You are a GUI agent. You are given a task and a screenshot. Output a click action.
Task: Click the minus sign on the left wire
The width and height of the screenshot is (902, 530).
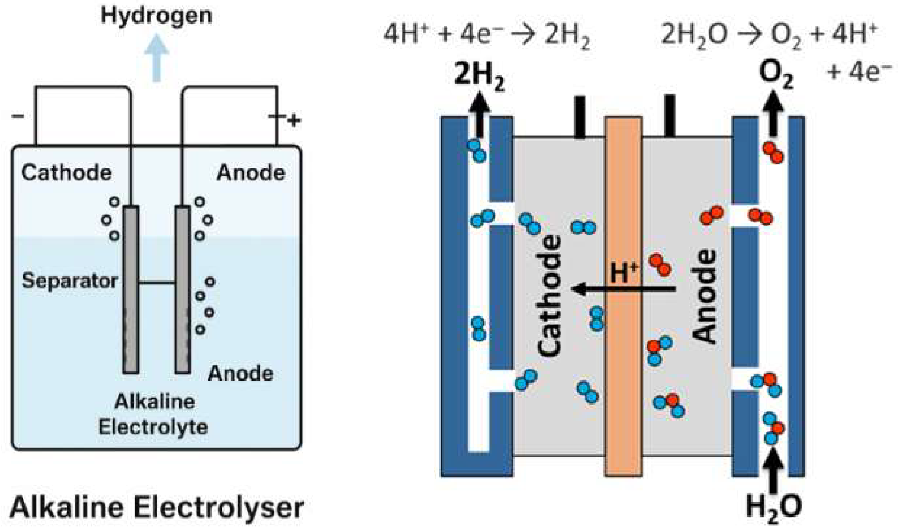click(x=18, y=116)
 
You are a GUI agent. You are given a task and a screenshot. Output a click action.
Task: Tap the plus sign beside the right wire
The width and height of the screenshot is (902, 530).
click(x=294, y=120)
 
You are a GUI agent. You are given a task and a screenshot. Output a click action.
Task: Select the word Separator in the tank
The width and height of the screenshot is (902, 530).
click(x=70, y=281)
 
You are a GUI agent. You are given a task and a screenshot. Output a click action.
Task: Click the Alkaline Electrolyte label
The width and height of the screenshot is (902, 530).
click(x=153, y=415)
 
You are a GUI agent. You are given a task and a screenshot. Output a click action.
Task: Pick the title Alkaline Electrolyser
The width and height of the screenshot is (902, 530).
click(x=156, y=508)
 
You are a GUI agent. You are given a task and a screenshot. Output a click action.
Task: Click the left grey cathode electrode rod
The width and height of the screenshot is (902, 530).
click(x=131, y=289)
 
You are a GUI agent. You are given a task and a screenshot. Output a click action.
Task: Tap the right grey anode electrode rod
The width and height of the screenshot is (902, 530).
click(x=183, y=289)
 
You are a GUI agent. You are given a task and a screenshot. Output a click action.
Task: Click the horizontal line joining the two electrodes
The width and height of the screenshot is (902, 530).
click(x=157, y=283)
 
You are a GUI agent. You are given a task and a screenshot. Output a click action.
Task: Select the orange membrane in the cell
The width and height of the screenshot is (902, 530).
click(x=623, y=296)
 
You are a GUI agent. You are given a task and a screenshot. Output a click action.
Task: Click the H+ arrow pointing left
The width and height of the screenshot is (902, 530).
click(x=623, y=289)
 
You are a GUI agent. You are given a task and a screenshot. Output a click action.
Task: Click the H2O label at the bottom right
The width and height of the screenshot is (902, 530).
click(x=774, y=508)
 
